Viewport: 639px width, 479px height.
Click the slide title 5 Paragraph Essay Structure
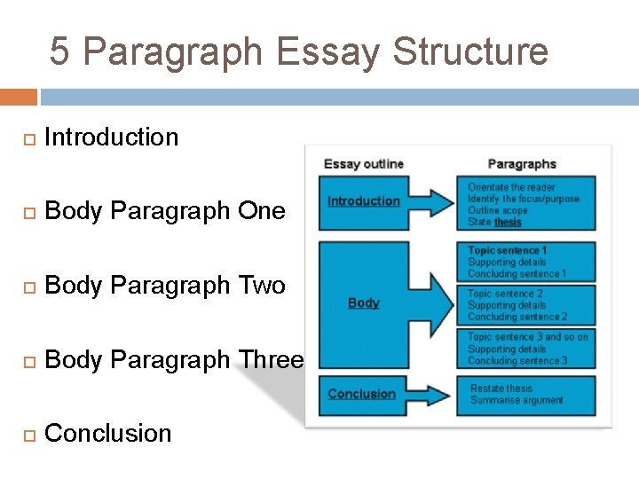(x=299, y=51)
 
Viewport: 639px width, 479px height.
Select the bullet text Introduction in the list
(x=111, y=137)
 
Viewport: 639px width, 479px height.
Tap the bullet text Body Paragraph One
(x=164, y=211)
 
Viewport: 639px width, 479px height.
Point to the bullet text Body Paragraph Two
(x=164, y=286)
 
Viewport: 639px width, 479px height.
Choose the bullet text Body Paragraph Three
(x=173, y=360)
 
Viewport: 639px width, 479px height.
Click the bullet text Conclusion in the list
(x=107, y=434)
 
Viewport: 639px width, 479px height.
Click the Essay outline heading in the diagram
(x=364, y=164)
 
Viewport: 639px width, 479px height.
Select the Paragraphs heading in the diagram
(x=522, y=164)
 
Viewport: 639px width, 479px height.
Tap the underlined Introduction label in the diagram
(x=364, y=201)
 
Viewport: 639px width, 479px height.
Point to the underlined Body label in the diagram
(x=364, y=303)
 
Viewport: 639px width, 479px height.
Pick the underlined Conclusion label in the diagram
(x=361, y=394)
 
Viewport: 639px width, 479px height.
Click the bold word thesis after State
(x=508, y=223)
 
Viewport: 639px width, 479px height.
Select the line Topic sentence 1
(x=508, y=251)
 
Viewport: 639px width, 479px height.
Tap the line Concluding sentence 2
(x=517, y=317)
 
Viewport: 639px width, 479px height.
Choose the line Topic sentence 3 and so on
(x=528, y=337)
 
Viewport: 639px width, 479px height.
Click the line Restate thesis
(x=501, y=389)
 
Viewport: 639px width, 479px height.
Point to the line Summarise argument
(x=517, y=400)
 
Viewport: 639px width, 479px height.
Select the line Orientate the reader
(x=511, y=187)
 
